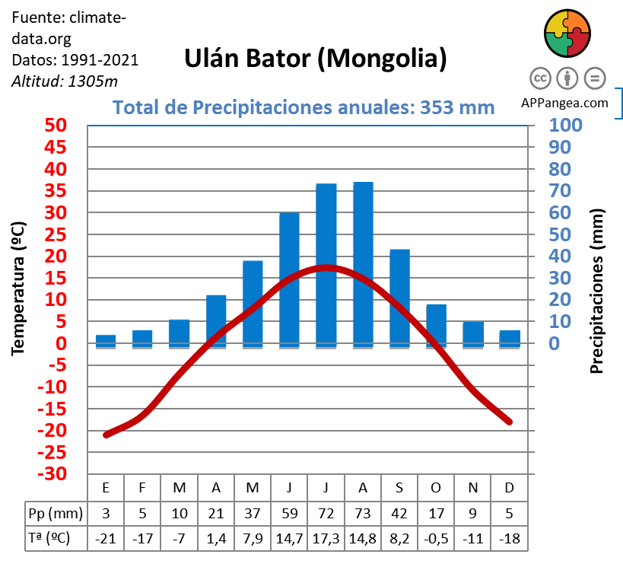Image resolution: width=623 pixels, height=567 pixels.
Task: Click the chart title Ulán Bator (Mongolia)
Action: coord(316,59)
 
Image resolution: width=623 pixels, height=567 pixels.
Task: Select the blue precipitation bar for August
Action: coord(363,263)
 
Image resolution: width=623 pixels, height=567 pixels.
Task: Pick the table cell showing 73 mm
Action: coord(363,512)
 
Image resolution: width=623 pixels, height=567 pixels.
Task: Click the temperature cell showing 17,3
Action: coord(326,538)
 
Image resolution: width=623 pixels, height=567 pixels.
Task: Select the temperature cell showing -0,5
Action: coord(436,538)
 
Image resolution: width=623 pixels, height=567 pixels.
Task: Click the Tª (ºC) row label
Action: coord(49,538)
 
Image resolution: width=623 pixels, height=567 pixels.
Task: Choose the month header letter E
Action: coord(106,487)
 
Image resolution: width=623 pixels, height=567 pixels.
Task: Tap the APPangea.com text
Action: coord(564,103)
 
